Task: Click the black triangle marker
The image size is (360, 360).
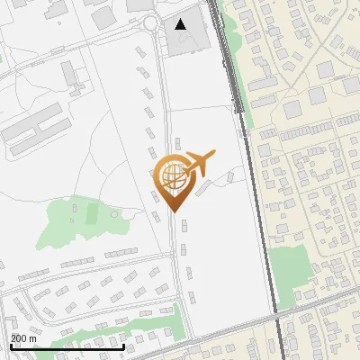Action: coord(181,24)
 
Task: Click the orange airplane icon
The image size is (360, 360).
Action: coord(199,163)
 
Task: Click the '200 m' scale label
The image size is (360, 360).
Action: coord(24,338)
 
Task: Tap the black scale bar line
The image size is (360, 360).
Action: coord(67,346)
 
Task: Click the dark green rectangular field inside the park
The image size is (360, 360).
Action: coord(92,214)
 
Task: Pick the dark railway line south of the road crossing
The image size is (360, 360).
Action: coord(282,340)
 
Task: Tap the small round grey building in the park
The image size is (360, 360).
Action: coord(114,214)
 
